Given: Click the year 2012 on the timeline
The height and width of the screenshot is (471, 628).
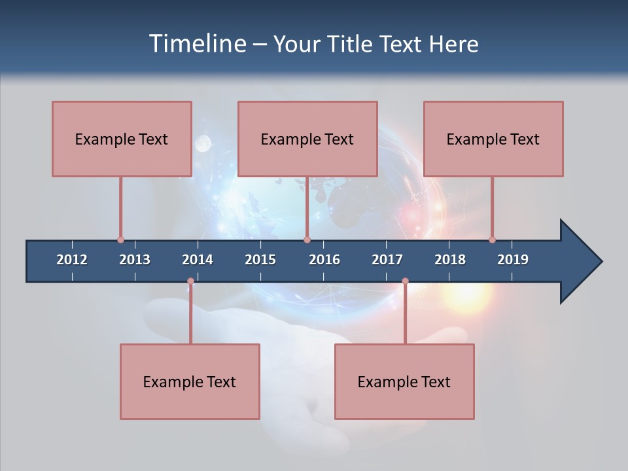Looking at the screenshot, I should point(72,260).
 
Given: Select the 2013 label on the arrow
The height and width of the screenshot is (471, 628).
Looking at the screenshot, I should point(135,260).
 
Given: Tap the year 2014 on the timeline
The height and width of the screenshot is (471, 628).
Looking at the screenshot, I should point(198,260).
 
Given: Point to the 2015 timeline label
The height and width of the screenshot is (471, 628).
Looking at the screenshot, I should point(260,260).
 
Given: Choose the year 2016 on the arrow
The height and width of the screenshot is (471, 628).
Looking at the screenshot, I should point(324,260).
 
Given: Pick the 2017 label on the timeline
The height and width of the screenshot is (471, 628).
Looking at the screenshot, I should point(387,260).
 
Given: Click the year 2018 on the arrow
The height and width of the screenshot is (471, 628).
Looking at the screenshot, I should point(450,260).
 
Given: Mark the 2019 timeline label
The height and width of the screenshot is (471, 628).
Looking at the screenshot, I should point(513,260).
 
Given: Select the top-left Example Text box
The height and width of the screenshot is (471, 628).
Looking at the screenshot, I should point(122,139).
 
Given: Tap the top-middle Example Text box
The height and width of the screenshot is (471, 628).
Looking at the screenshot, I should point(307,139).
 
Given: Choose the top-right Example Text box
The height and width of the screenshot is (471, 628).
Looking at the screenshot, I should point(493,139).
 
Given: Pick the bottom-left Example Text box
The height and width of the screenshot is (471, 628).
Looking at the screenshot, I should point(190,381).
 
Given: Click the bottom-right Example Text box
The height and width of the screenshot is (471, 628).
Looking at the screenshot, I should point(404,381).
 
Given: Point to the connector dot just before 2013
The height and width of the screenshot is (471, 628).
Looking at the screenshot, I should point(120,239).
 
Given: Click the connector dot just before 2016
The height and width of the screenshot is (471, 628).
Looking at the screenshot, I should point(307,239).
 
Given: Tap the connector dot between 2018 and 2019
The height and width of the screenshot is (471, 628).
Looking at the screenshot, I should point(492,239).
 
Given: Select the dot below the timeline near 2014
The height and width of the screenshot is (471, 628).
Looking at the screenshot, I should point(190,281).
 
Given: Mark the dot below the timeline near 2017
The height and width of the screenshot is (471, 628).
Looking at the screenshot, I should point(405,281).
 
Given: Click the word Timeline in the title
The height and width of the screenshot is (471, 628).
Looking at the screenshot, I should point(196,44).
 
